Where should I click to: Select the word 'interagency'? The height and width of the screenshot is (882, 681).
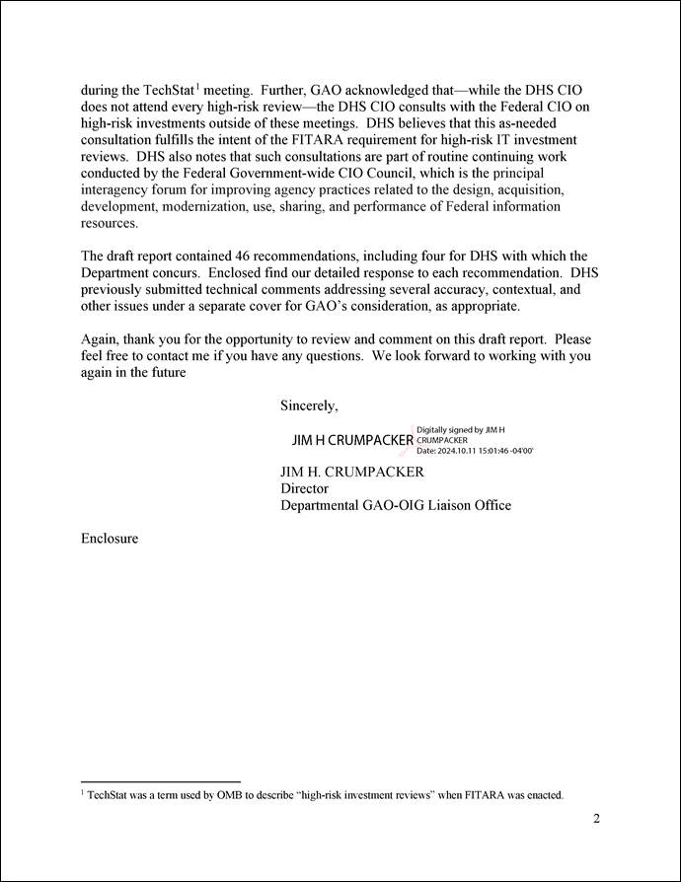point(117,190)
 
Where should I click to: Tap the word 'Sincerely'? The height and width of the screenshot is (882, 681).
point(309,404)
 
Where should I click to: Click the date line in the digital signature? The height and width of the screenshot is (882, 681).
point(475,451)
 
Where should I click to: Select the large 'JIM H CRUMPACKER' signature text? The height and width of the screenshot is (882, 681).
point(352,440)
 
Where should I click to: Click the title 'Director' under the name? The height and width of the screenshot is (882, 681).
point(304,488)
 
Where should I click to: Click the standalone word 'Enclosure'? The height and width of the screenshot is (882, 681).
point(110,539)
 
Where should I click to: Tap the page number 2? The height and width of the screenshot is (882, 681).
point(596,818)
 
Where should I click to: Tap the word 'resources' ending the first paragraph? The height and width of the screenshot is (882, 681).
point(110,224)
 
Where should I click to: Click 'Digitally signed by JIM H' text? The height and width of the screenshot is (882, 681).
point(461,430)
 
